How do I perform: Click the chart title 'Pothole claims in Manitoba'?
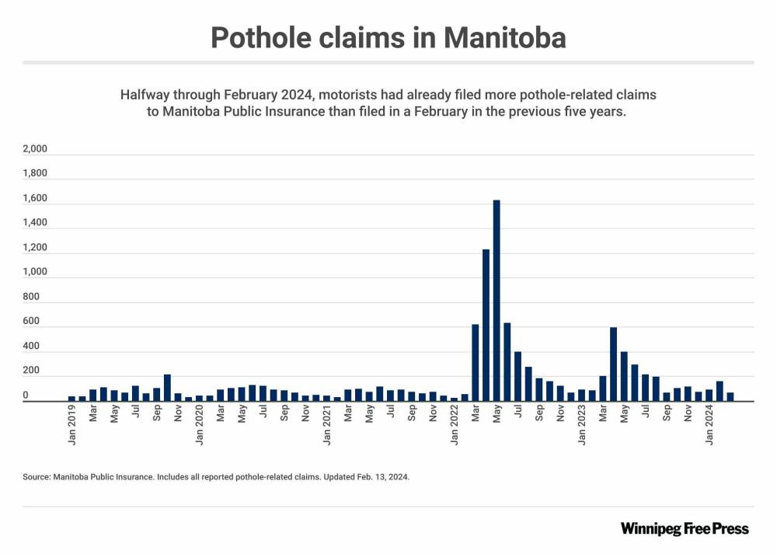pos(388,37)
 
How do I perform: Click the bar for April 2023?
pos(613,364)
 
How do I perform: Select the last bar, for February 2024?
pos(730,397)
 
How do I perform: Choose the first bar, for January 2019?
pos(71,399)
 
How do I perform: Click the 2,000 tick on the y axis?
pos(36,149)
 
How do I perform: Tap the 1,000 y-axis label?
pos(36,273)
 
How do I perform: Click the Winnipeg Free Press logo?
pos(685,528)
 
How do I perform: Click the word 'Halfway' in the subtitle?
pos(147,95)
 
